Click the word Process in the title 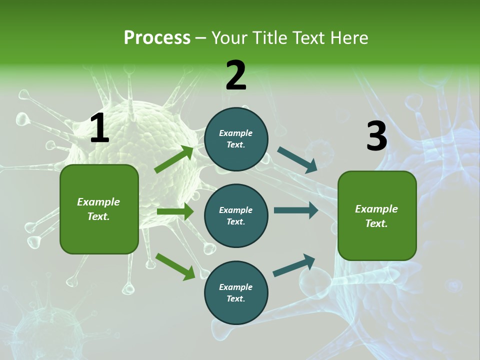pyautogui.click(x=157, y=38)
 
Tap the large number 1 pyautogui.click(x=99, y=128)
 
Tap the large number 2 pyautogui.click(x=236, y=75)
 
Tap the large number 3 pyautogui.click(x=376, y=136)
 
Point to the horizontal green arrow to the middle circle pyautogui.click(x=175, y=211)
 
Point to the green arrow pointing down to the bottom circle pyautogui.click(x=175, y=266)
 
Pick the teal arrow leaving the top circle pyautogui.click(x=297, y=160)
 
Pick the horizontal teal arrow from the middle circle pyautogui.click(x=296, y=210)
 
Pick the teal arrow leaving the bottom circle pyautogui.click(x=294, y=265)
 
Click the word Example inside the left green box pyautogui.click(x=98, y=202)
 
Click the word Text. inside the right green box pyautogui.click(x=376, y=223)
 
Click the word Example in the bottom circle pyautogui.click(x=236, y=287)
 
